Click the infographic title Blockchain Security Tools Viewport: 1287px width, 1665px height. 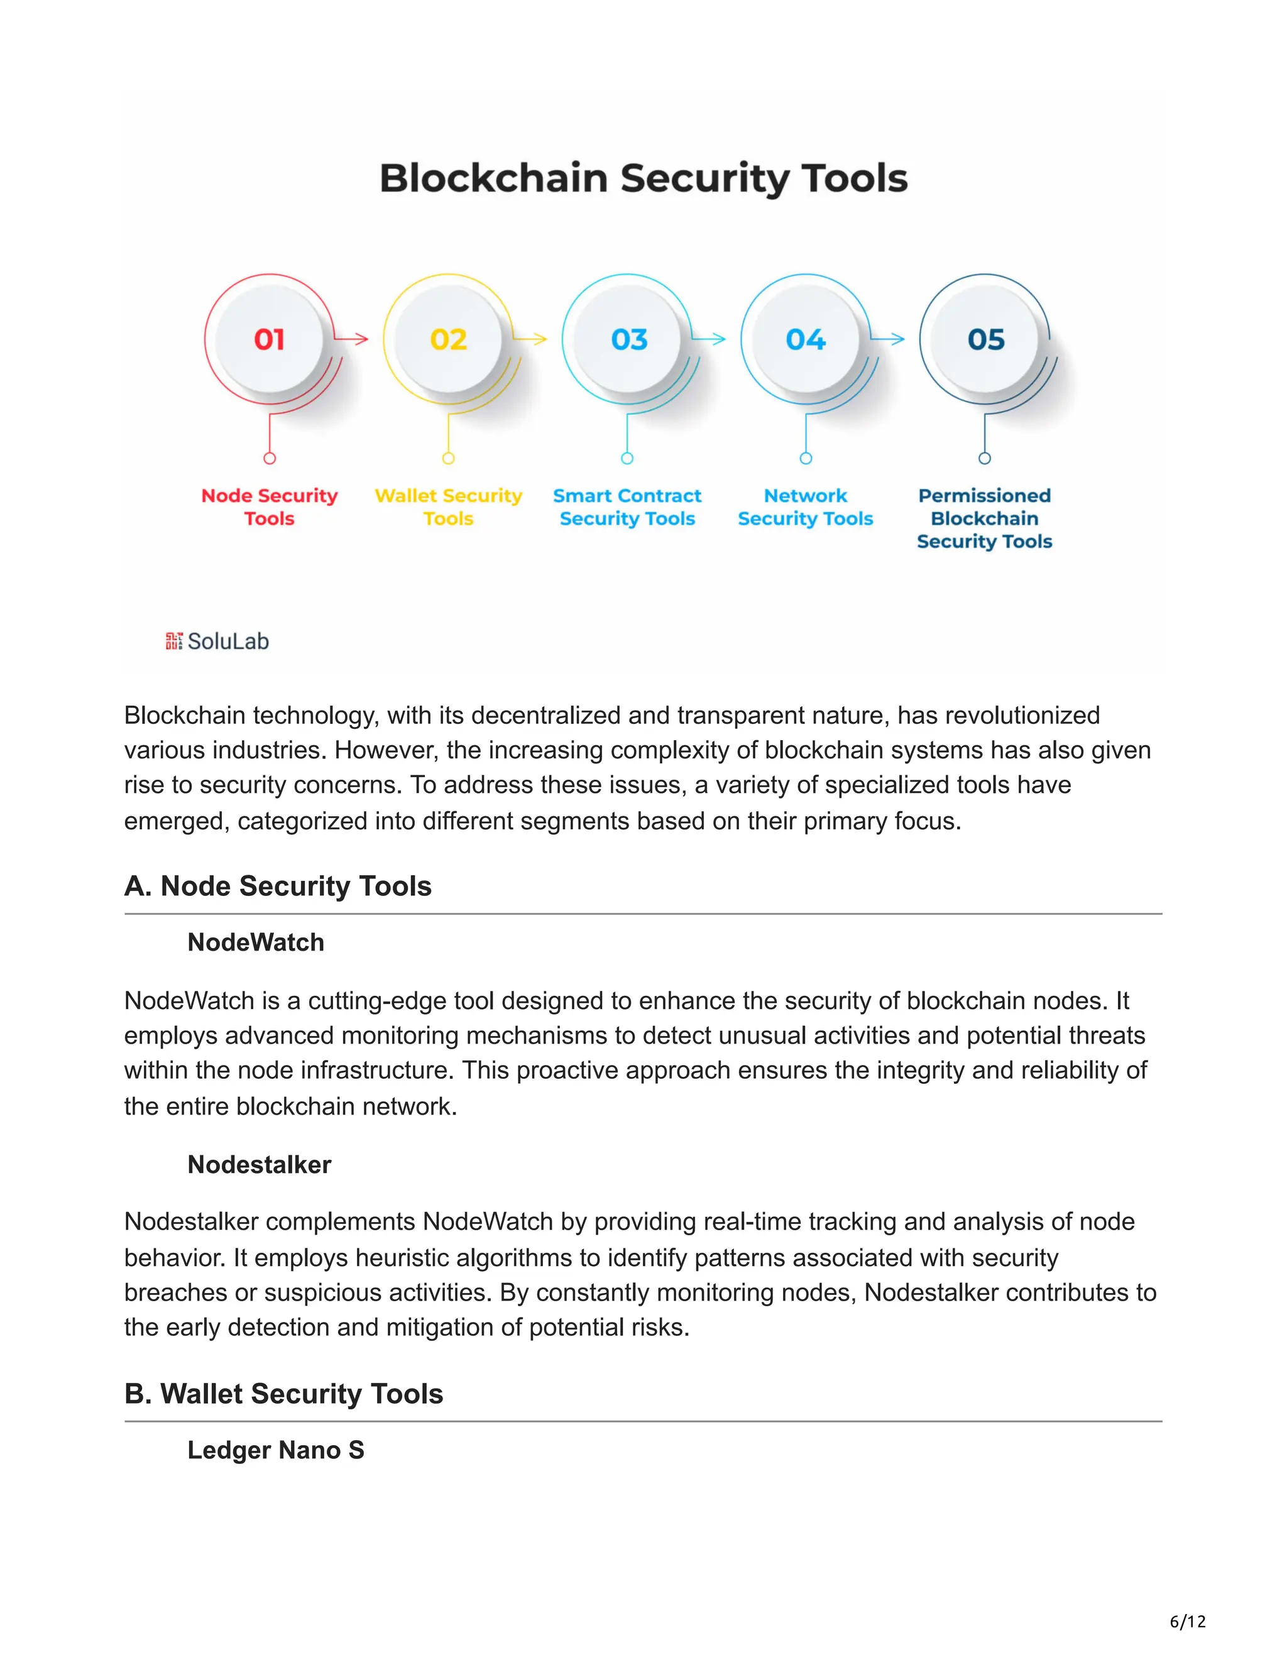coord(643,178)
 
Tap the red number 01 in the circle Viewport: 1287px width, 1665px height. coord(269,339)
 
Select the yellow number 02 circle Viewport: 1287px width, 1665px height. coord(448,339)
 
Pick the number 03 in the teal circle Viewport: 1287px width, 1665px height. coord(628,339)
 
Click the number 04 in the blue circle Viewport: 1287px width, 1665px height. coord(806,339)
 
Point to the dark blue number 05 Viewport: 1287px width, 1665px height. coord(985,339)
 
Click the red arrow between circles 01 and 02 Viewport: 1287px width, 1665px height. coord(353,339)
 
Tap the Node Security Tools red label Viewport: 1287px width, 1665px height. coord(269,507)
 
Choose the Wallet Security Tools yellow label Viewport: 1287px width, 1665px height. coord(448,507)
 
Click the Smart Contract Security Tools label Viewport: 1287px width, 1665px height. coord(627,507)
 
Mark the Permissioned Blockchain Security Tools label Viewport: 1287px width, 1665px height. coord(984,518)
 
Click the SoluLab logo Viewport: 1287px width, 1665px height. coord(217,641)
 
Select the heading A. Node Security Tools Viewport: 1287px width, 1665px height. coord(278,886)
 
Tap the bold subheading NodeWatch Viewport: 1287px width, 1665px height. coord(255,942)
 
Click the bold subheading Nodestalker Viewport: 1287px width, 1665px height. coord(260,1164)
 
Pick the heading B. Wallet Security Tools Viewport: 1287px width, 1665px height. coord(283,1394)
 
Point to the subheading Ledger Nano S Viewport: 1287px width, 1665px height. coord(275,1449)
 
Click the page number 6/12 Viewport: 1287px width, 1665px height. coord(1187,1621)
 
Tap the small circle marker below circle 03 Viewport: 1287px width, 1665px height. coord(627,458)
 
